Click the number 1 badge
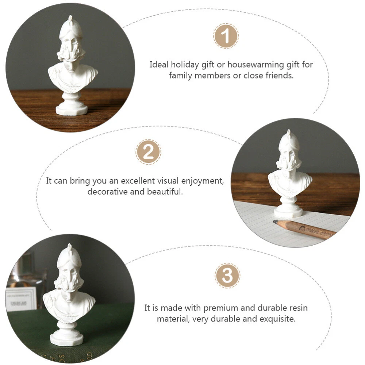tap(226, 36)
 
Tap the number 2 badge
tap(148, 152)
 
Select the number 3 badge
tap(227, 276)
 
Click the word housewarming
tap(255, 65)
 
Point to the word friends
tap(280, 76)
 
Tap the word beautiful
tap(165, 192)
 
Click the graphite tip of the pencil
tap(275, 222)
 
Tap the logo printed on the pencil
tap(303, 228)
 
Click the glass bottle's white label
tap(21, 299)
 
